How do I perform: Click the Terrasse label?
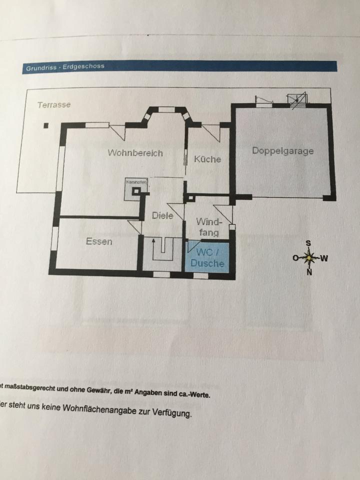point(54,105)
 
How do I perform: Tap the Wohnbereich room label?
point(135,153)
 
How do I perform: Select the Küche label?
point(207,159)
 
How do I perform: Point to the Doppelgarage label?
point(282,150)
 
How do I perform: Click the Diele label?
point(162,215)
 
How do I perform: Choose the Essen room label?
point(99,241)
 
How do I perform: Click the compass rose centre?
point(309,258)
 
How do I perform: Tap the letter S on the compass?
point(308,243)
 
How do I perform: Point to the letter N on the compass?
point(309,272)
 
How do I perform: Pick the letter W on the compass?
point(324,258)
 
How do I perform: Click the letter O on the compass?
point(295,258)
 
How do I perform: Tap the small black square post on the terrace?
point(46,125)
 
